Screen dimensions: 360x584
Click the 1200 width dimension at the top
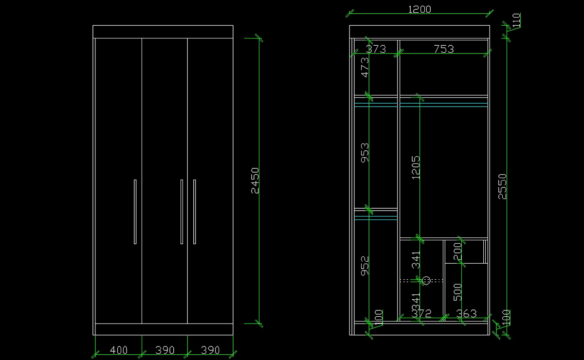click(419, 9)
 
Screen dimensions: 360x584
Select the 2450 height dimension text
click(255, 180)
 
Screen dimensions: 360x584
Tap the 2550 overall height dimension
click(502, 186)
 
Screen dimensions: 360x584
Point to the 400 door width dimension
click(119, 350)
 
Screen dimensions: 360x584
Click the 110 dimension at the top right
click(516, 20)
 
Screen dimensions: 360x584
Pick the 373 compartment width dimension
click(376, 49)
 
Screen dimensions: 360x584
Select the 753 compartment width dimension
click(443, 49)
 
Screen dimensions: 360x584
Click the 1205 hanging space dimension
click(416, 167)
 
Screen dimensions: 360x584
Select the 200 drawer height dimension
click(457, 252)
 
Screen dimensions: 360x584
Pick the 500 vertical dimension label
click(457, 292)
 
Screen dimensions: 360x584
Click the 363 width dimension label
click(466, 314)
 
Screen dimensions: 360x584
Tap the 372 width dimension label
click(421, 314)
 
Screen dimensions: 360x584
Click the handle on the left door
click(135, 212)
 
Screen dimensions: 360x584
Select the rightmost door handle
click(194, 212)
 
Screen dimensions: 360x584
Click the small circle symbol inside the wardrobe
click(427, 280)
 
